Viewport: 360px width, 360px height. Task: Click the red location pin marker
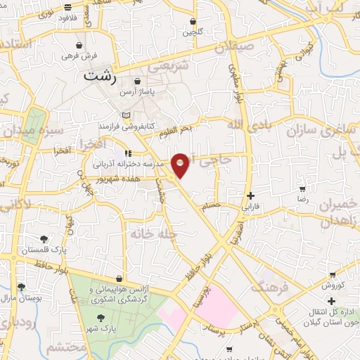point(181,165)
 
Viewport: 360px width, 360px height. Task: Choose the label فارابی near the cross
point(250,207)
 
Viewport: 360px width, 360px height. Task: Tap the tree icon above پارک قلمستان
point(44,239)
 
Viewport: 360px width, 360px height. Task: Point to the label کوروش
point(331,285)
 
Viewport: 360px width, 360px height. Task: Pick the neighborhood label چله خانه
point(150,233)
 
